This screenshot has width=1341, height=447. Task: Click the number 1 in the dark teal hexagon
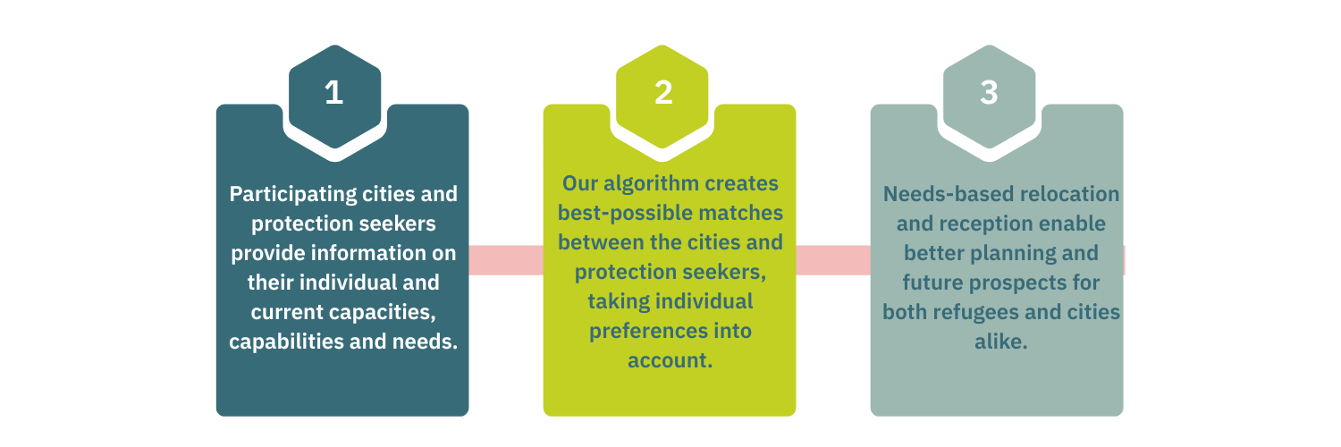[333, 93]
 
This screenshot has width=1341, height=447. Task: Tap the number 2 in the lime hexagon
[662, 93]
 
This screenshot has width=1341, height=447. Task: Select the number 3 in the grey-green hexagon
[989, 93]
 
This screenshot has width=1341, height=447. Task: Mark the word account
[669, 360]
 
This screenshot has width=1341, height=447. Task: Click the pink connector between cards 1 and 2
[506, 260]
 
